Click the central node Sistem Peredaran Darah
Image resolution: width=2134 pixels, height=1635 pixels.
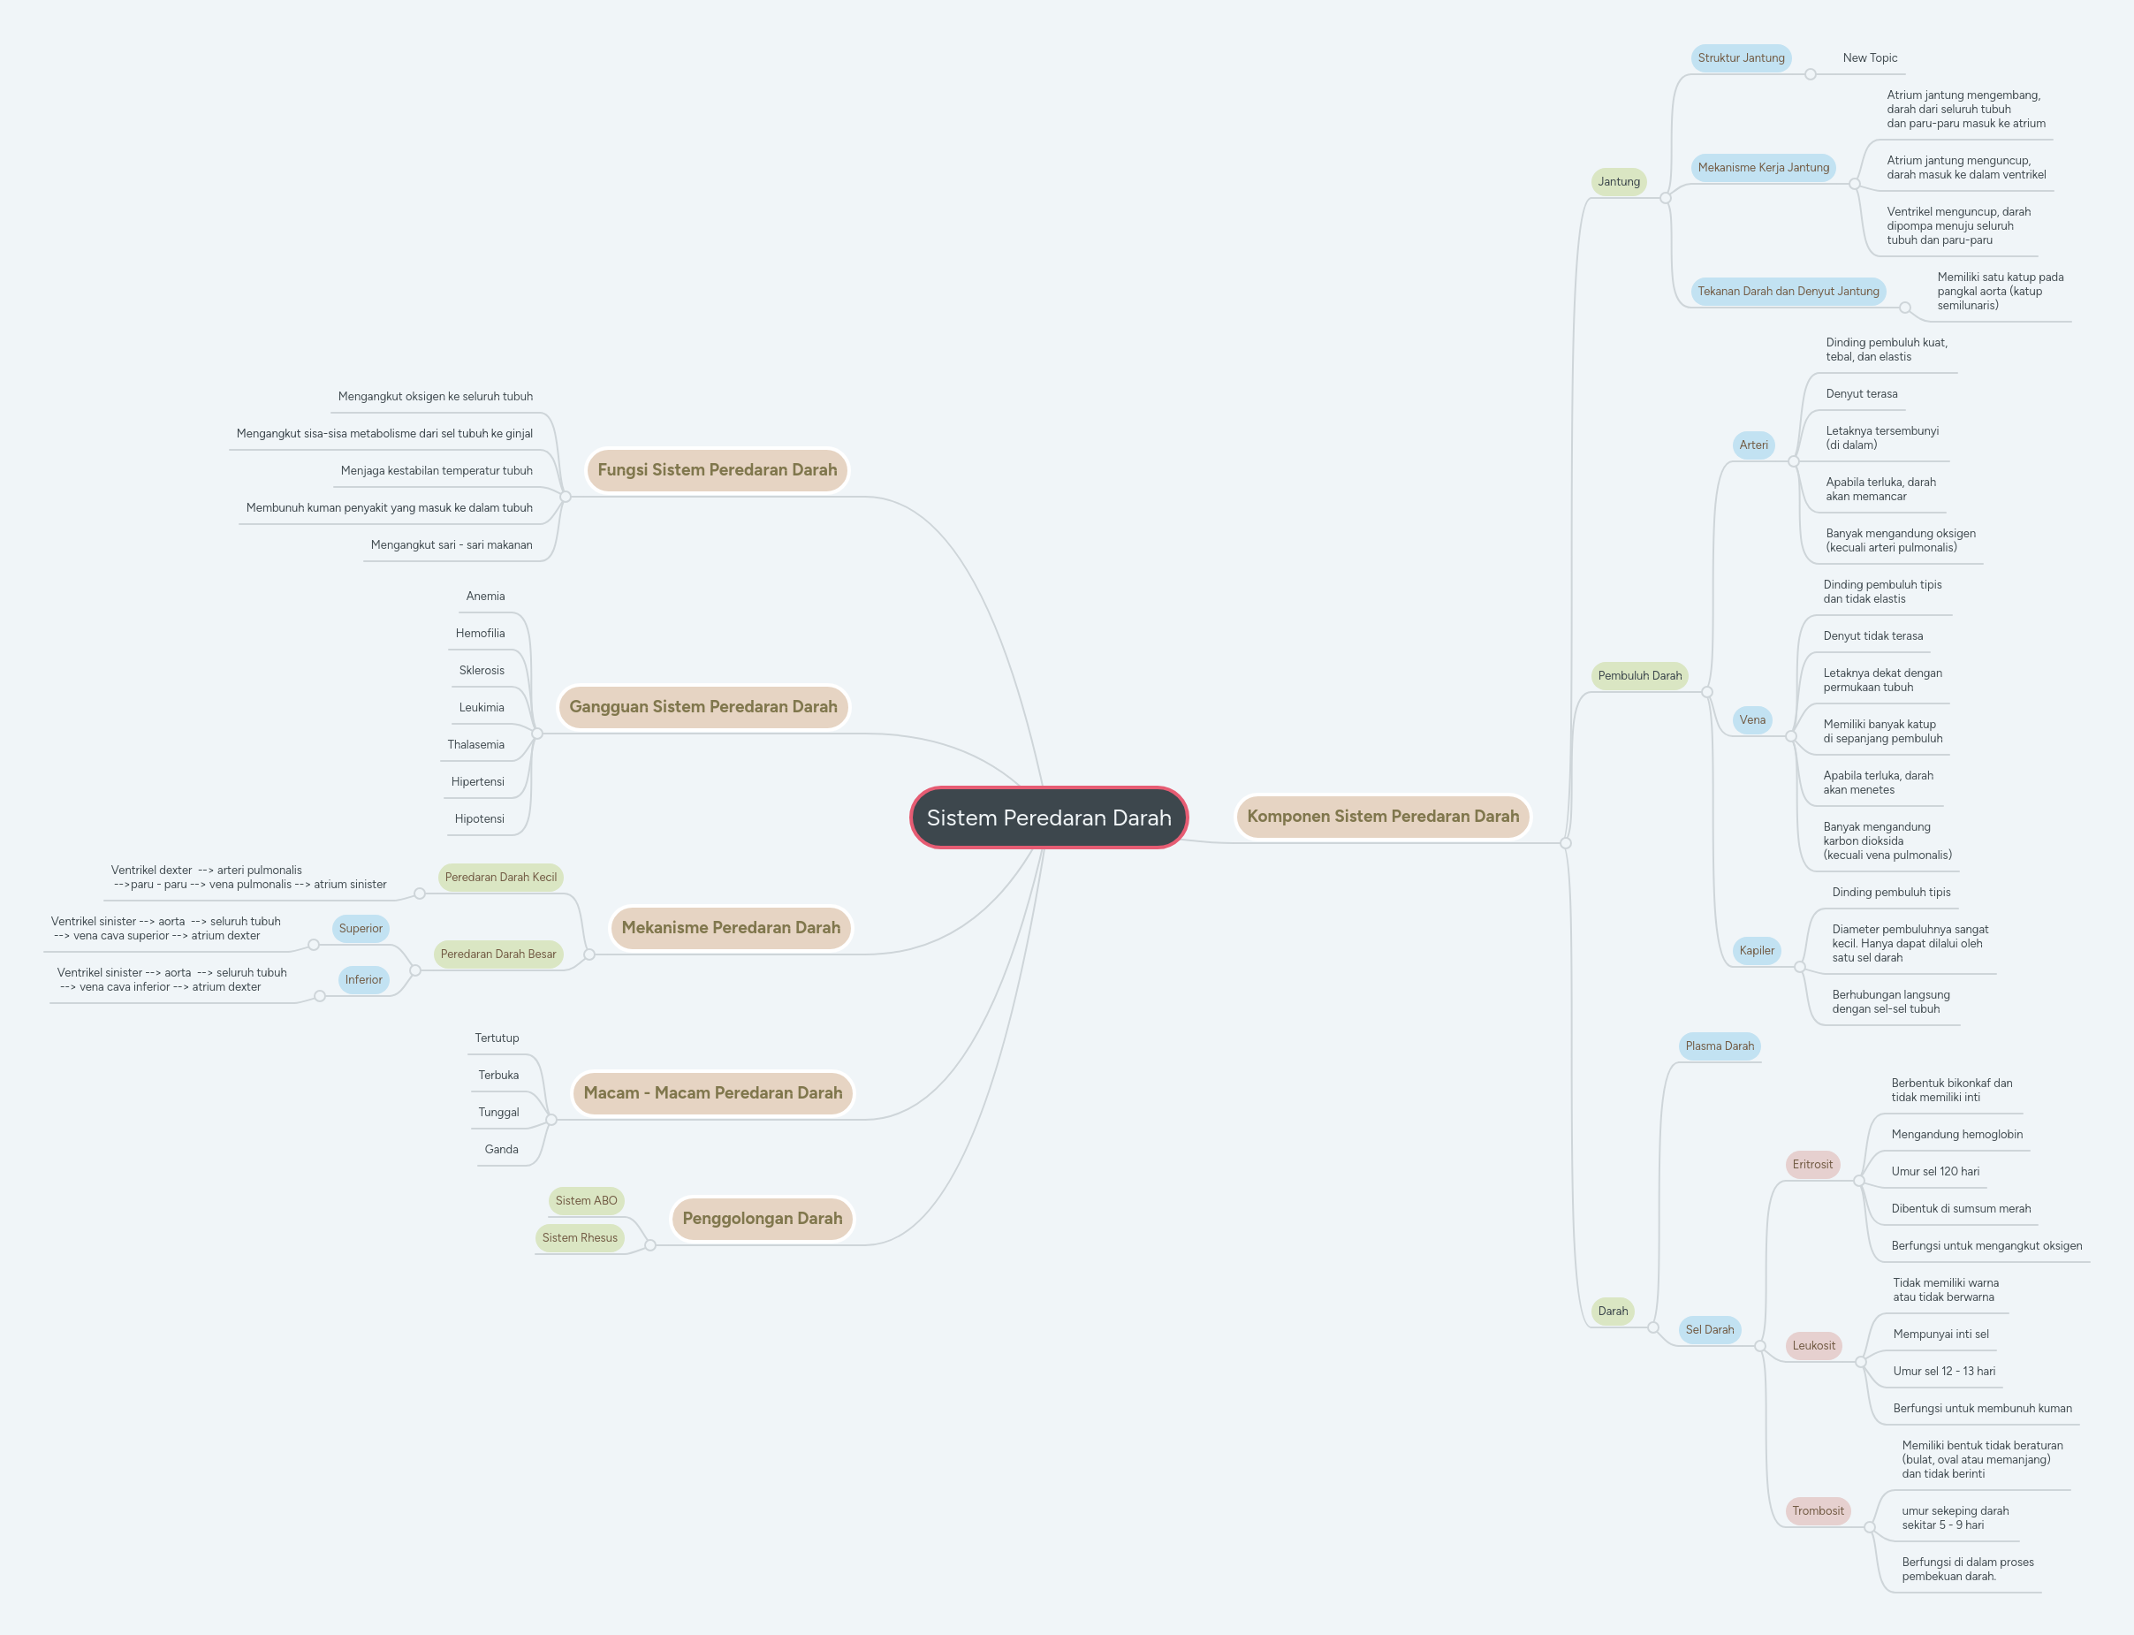point(1048,817)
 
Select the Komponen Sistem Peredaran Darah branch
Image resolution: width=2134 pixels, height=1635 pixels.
point(1382,817)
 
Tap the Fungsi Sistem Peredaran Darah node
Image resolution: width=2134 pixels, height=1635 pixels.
point(717,470)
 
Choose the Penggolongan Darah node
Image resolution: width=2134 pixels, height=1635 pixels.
point(762,1219)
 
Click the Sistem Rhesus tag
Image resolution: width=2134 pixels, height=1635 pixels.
point(579,1238)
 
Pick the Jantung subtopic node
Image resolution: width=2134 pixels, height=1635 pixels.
point(1618,182)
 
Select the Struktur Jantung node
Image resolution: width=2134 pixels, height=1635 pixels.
point(1740,58)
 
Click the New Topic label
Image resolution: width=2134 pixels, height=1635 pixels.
point(1869,58)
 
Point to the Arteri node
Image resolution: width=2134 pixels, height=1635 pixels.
point(1752,445)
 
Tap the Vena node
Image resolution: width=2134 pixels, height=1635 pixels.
point(1751,720)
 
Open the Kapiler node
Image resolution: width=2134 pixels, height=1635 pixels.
point(1756,951)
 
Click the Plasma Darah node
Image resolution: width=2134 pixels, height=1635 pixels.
point(1719,1046)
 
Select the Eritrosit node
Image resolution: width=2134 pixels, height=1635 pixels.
point(1811,1165)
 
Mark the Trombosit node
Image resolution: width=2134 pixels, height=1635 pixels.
point(1817,1511)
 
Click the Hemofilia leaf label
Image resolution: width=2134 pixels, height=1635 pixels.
point(480,634)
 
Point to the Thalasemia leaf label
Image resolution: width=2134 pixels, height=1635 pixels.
point(476,744)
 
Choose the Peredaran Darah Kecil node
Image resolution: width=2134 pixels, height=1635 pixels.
point(500,878)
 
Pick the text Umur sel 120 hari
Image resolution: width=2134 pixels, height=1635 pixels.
point(1934,1172)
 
